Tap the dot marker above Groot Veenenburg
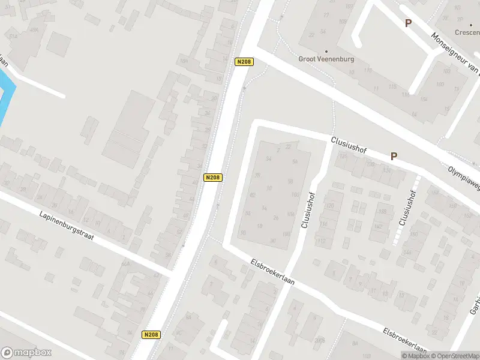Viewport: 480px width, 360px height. pyautogui.click(x=326, y=51)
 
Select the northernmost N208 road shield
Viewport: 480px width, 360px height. pyautogui.click(x=244, y=61)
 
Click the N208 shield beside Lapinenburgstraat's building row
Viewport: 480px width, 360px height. pyautogui.click(x=213, y=177)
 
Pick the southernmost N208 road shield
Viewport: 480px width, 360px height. pyautogui.click(x=151, y=335)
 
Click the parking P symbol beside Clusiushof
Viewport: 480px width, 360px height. pyautogui.click(x=394, y=156)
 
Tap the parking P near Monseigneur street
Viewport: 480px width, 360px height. pyautogui.click(x=408, y=23)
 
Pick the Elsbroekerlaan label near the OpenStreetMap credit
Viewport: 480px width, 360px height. pyautogui.click(x=405, y=340)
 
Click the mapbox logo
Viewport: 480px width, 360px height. pyautogui.click(x=26, y=353)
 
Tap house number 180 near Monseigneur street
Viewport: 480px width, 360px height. pyautogui.click(x=439, y=83)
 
